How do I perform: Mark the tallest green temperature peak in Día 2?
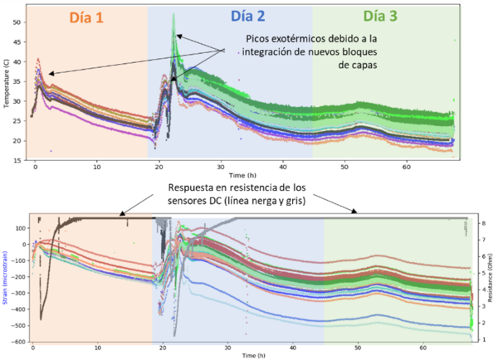(173, 16)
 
